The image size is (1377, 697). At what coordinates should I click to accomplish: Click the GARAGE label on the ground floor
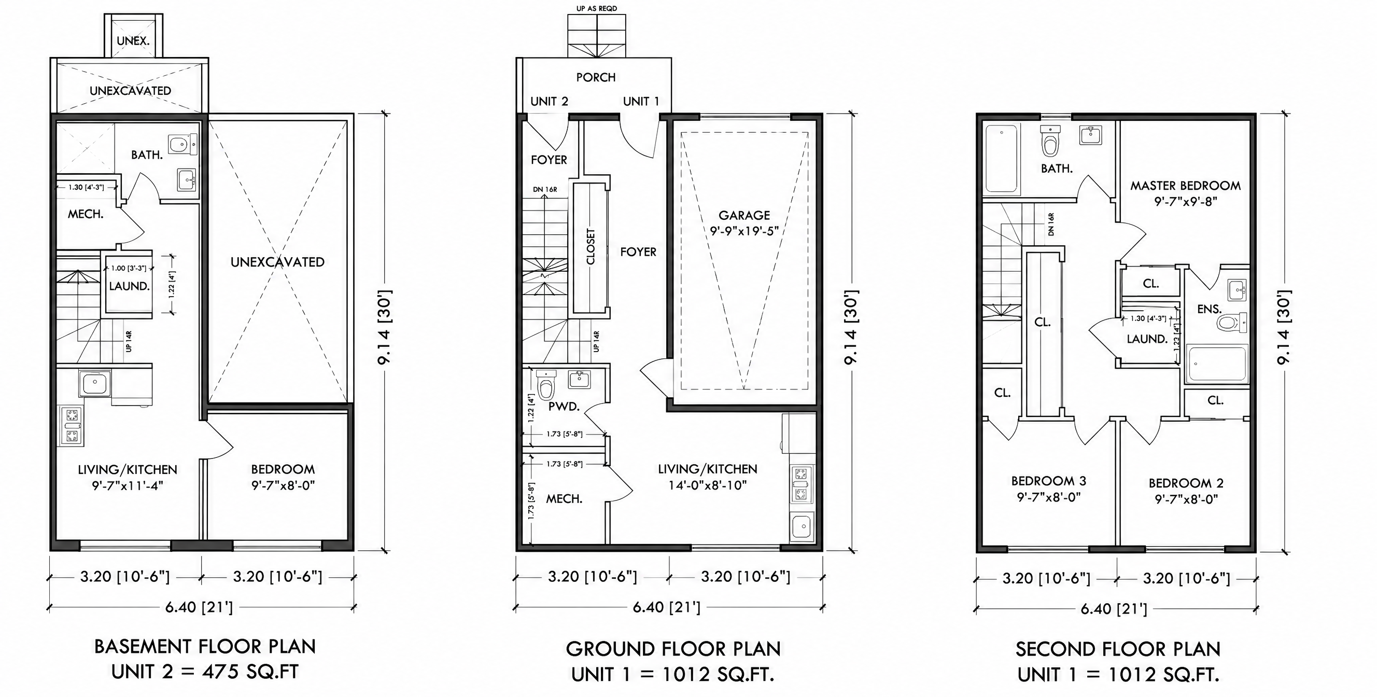tap(744, 215)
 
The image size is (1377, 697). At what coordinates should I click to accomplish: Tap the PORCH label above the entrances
tap(596, 77)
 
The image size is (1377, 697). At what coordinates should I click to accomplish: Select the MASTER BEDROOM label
tap(1185, 186)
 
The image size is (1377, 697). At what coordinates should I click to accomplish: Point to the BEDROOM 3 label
tap(1049, 481)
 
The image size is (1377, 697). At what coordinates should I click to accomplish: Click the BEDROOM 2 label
tap(1186, 483)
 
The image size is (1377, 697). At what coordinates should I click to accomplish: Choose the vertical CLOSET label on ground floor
tap(591, 247)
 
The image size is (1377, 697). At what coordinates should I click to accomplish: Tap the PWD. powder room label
tap(564, 406)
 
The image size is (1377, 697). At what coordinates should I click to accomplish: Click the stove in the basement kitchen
tap(72, 426)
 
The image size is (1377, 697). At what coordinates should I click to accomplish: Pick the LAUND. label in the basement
tap(130, 286)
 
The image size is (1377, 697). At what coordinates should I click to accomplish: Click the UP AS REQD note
tap(597, 8)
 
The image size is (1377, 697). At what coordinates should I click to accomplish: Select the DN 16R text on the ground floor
tap(545, 189)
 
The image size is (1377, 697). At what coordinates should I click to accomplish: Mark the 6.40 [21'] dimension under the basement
tap(199, 608)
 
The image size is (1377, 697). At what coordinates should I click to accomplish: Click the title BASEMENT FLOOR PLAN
tap(205, 647)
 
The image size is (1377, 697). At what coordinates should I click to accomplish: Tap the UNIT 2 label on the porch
tap(549, 102)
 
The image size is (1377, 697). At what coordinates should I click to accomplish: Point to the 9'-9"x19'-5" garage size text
tap(744, 231)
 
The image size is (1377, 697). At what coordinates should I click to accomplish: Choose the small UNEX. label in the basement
tap(133, 40)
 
